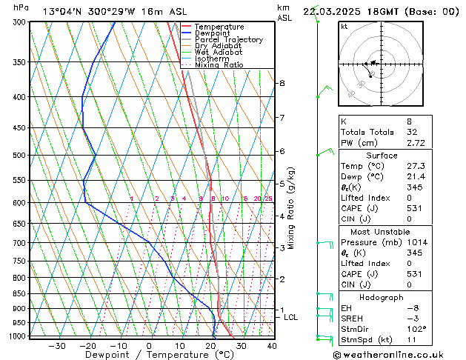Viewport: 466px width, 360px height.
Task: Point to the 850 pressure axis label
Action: (x=19, y=294)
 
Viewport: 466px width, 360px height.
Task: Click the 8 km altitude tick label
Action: (x=282, y=84)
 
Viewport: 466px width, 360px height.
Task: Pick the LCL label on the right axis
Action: (x=291, y=317)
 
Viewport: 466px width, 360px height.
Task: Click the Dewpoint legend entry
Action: (x=212, y=33)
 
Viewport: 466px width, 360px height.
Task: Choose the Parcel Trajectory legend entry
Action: (x=228, y=40)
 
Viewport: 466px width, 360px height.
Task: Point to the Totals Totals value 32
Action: (x=392, y=131)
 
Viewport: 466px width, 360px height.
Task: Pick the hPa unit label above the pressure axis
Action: (x=21, y=7)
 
